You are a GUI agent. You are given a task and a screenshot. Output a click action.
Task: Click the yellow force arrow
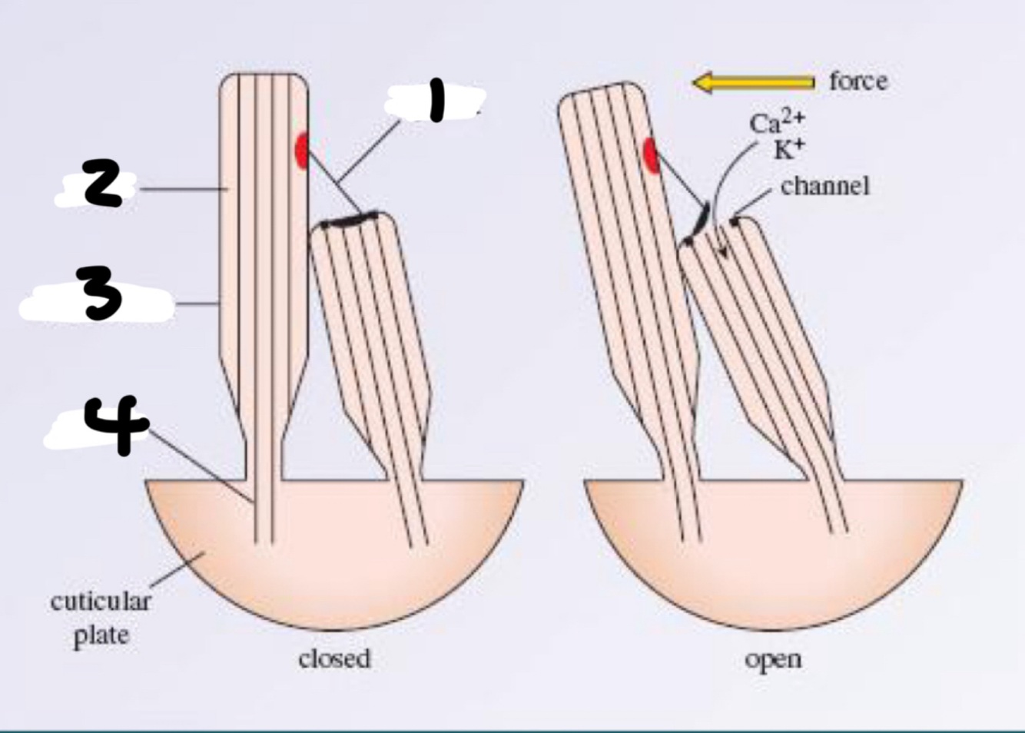753,82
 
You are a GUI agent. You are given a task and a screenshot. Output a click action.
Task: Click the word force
858,81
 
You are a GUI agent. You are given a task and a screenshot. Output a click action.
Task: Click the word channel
825,186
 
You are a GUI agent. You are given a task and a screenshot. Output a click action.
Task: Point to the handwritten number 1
436,102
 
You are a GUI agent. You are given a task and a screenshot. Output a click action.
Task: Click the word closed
334,659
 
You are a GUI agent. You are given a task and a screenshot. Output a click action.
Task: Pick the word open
773,659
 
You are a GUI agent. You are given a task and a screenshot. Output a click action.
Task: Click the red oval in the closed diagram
302,150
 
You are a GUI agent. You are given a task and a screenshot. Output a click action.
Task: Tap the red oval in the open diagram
651,155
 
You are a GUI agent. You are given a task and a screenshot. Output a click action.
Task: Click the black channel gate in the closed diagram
350,221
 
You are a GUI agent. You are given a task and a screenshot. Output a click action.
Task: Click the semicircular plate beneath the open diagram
773,561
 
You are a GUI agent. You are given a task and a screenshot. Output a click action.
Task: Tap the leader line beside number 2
181,188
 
